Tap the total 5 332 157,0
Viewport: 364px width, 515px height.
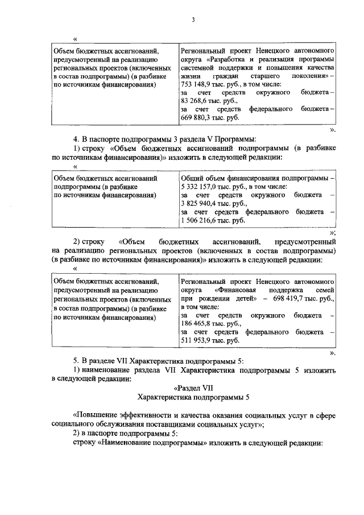click(199, 187)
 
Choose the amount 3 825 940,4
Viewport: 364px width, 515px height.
click(199, 203)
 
